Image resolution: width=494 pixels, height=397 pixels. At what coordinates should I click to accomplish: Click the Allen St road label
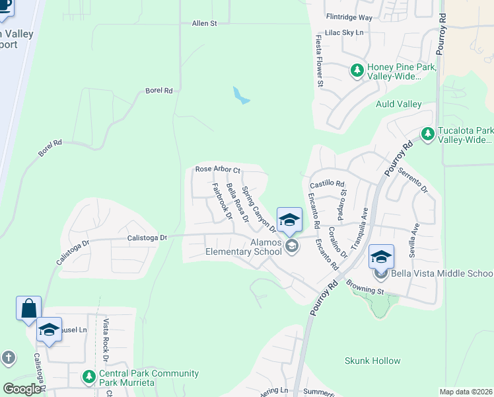pyautogui.click(x=204, y=24)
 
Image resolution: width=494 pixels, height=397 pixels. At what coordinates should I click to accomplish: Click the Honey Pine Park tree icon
pyautogui.click(x=357, y=69)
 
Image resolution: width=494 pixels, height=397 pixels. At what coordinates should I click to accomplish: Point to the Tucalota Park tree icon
pyautogui.click(x=428, y=134)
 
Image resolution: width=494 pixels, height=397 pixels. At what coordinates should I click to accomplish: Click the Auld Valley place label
pyautogui.click(x=398, y=104)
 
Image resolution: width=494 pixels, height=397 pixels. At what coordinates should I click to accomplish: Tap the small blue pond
pyautogui.click(x=240, y=96)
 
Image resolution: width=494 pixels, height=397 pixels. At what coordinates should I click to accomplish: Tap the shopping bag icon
pyautogui.click(x=29, y=308)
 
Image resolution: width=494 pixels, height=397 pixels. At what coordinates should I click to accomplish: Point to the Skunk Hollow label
pyautogui.click(x=372, y=361)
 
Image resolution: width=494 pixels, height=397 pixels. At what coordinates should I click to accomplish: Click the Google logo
pyautogui.click(x=22, y=389)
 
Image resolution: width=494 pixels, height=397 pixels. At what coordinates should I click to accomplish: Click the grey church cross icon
pyautogui.click(x=8, y=358)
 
